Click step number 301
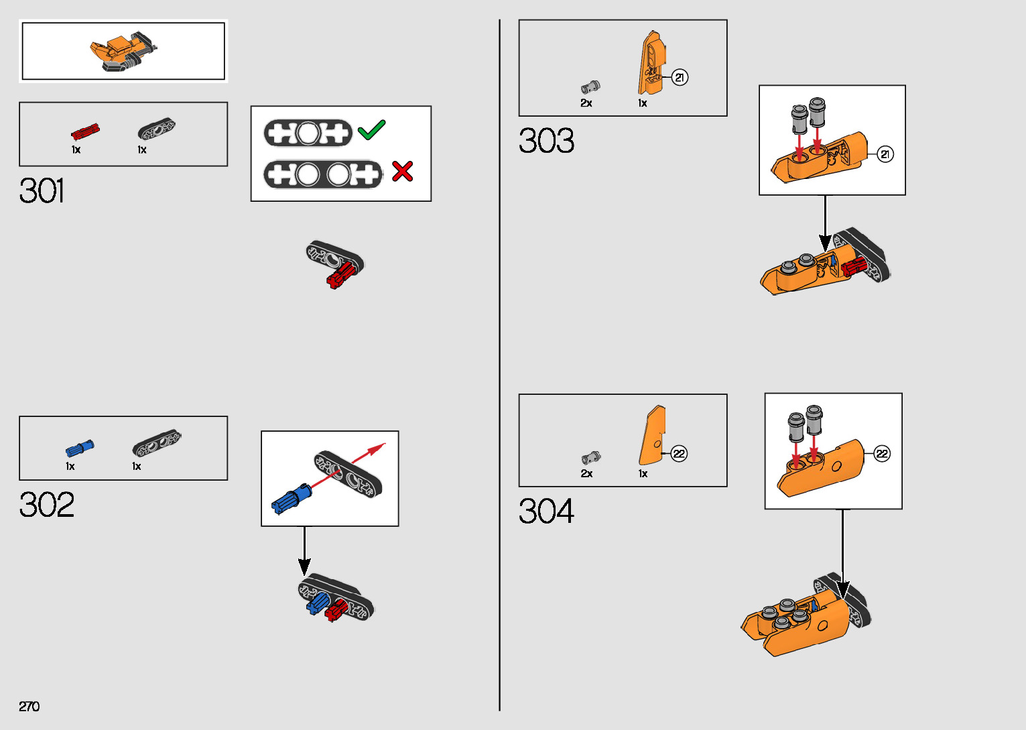42,191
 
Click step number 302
46,505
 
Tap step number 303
546,141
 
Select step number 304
546,511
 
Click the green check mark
371,129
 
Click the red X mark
402,172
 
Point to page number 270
29,707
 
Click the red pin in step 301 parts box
85,131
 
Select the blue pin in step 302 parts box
80,448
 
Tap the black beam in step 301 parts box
156,129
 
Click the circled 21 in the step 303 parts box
680,78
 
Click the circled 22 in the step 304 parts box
679,454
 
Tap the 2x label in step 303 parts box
586,103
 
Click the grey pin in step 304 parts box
590,459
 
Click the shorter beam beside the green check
308,133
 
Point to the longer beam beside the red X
322,175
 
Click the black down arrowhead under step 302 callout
304,566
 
